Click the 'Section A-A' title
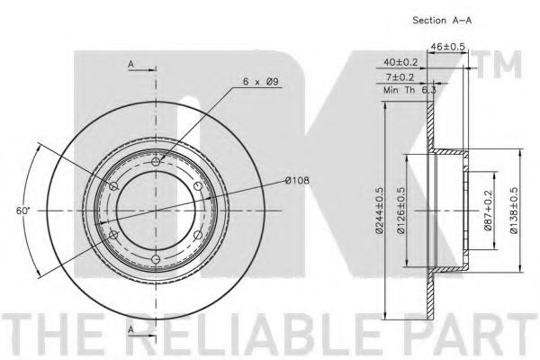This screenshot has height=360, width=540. tap(442, 21)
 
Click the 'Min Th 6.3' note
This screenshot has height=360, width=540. tap(409, 90)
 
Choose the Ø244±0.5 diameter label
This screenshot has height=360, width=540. tap(379, 211)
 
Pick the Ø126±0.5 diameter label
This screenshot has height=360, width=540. tap(400, 211)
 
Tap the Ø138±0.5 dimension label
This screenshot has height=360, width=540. tap(514, 211)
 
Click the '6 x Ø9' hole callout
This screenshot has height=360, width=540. tap(261, 82)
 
